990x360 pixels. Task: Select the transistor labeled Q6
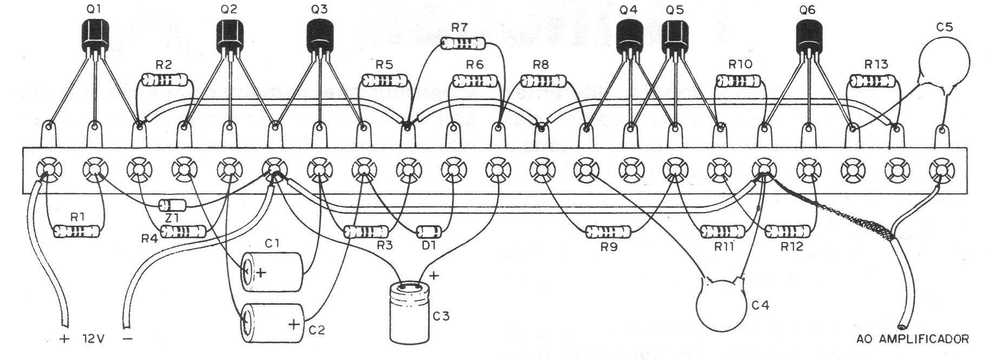[810, 35]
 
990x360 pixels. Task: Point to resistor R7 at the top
[463, 43]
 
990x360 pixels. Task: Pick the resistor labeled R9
[609, 233]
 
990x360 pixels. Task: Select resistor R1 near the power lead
[77, 232]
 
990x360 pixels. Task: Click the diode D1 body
[429, 233]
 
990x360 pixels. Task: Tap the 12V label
[94, 340]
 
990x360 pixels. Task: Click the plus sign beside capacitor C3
[434, 276]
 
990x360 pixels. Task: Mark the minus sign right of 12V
[128, 339]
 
